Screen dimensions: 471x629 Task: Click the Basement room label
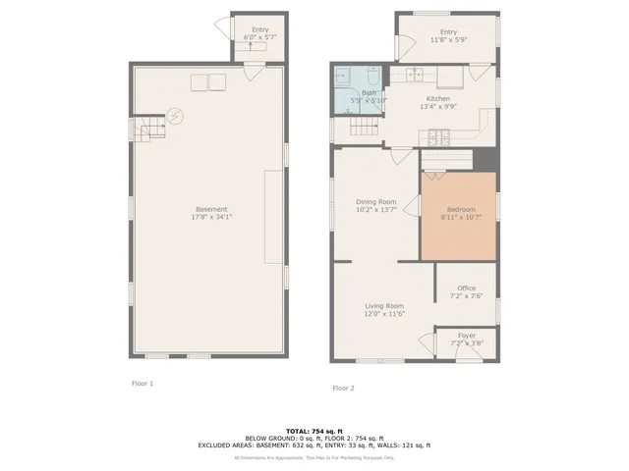point(211,209)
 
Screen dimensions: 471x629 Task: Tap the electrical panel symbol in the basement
point(174,116)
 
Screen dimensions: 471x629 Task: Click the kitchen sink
point(416,74)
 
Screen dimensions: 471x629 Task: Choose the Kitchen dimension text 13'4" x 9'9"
point(437,106)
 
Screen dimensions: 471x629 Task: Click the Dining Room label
point(375,202)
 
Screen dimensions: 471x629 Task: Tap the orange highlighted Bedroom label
point(461,209)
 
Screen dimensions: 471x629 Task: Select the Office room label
point(466,288)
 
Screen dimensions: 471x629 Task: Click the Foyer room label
point(466,335)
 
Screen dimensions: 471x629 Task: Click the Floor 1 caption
point(143,383)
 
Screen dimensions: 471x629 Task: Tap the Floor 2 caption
point(343,388)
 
